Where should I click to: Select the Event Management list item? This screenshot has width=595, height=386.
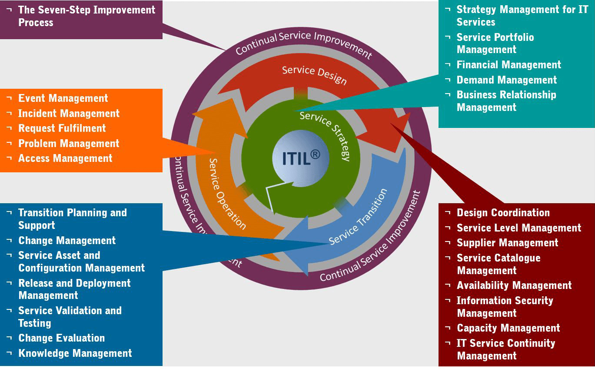coord(63,98)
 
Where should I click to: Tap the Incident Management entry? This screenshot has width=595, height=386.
coord(69,114)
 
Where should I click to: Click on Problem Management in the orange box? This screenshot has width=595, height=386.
coord(69,144)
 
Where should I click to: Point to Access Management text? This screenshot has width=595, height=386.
coord(65,158)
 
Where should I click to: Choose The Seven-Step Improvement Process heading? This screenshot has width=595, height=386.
coord(86,16)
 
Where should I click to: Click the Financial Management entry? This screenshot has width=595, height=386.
coord(509,65)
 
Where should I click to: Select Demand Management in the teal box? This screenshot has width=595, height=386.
coord(506,80)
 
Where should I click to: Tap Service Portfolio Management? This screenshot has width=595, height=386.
coord(495,44)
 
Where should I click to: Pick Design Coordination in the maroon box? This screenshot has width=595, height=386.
coord(503,213)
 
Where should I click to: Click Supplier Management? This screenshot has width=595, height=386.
coord(507,243)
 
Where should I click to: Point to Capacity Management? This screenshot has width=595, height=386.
coord(508,328)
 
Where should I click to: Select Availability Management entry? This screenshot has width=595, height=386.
coord(514,285)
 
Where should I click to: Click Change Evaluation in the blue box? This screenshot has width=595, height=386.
coord(61,338)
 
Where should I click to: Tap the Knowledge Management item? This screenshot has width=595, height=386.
coord(75,353)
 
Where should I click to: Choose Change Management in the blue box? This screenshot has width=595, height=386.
coord(67,241)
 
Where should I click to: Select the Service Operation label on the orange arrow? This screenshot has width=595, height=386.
coord(226,193)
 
